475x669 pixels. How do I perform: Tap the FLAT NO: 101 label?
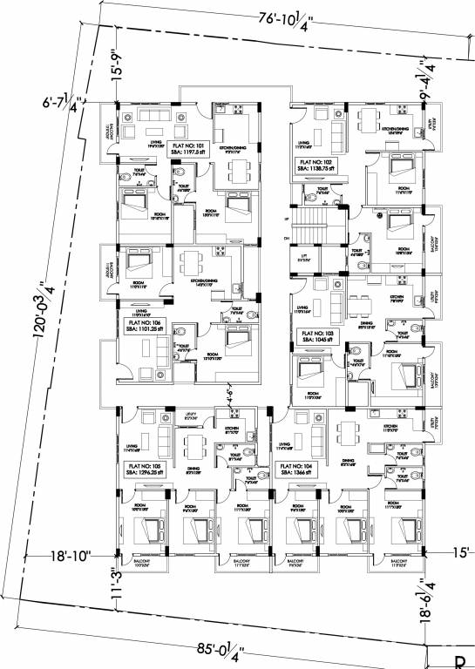(188, 145)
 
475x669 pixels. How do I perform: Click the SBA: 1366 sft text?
(297, 475)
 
